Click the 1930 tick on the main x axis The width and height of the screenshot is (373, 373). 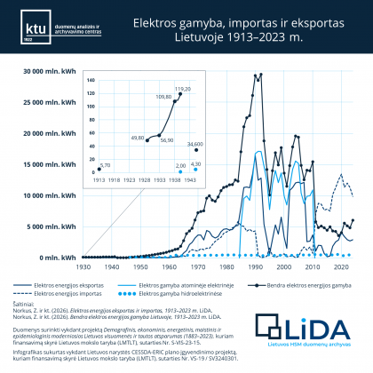tap(83, 266)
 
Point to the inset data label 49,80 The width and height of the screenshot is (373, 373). tap(137, 138)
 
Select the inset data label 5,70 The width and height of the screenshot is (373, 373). tap(106, 165)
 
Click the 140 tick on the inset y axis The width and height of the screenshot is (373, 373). tap(91, 80)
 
